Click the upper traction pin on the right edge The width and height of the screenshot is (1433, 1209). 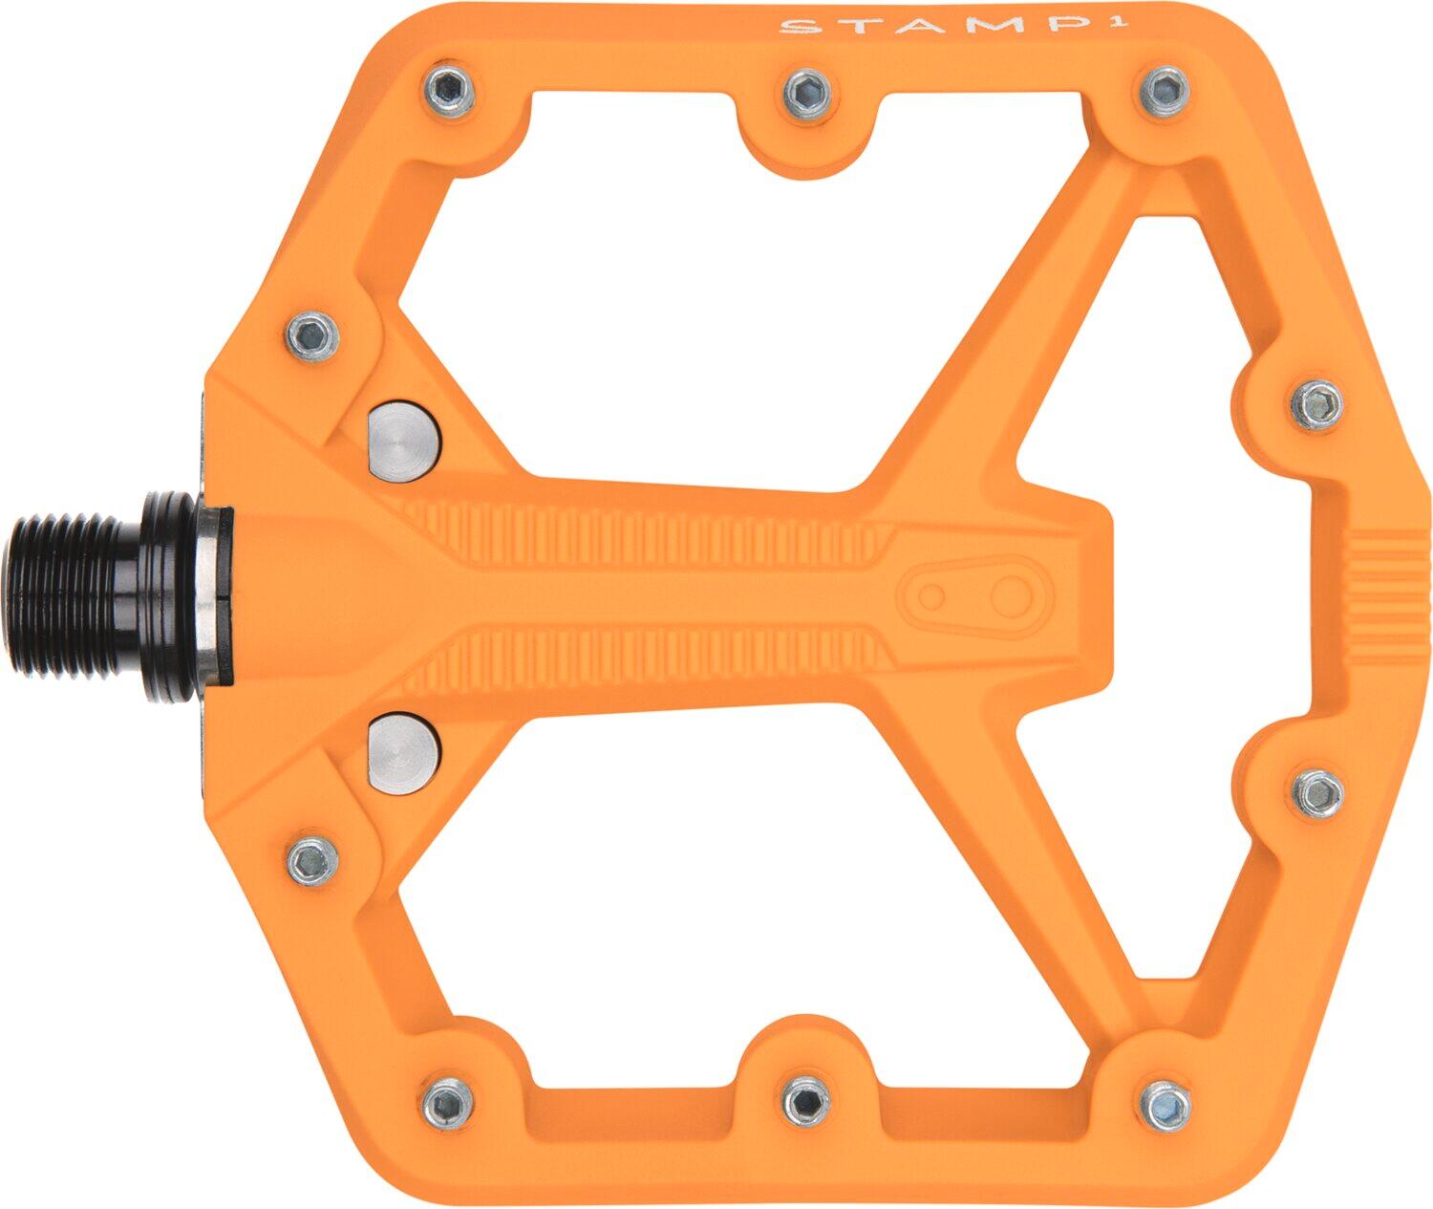1317,404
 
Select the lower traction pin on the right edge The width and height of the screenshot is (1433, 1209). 1319,791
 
